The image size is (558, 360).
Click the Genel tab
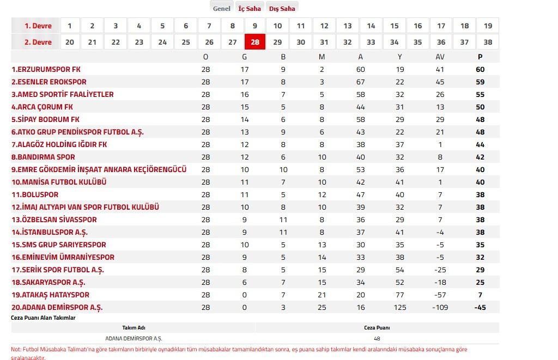[x=221, y=8]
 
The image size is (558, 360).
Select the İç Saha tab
[x=250, y=8]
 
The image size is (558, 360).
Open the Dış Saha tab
[x=282, y=8]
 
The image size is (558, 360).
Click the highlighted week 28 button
[x=255, y=42]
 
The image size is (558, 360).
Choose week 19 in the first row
[x=488, y=26]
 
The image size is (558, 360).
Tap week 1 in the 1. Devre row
[x=70, y=26]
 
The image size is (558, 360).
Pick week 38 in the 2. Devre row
[x=488, y=42]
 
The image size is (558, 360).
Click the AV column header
[x=440, y=57]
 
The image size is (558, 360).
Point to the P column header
[x=480, y=57]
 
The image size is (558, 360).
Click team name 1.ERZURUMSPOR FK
[x=46, y=70]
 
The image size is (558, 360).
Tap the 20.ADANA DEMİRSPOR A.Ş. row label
[x=57, y=307]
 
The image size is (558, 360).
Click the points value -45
[x=480, y=307]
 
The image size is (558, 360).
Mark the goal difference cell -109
[x=440, y=307]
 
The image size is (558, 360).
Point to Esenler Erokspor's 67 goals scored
[x=361, y=82]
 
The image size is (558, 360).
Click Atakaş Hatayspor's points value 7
[x=480, y=295]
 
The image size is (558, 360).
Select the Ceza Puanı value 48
[x=377, y=338]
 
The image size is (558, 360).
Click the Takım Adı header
[x=134, y=328]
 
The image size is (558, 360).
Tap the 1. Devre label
[x=38, y=26]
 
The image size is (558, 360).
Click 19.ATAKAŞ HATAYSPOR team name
[x=50, y=295]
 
